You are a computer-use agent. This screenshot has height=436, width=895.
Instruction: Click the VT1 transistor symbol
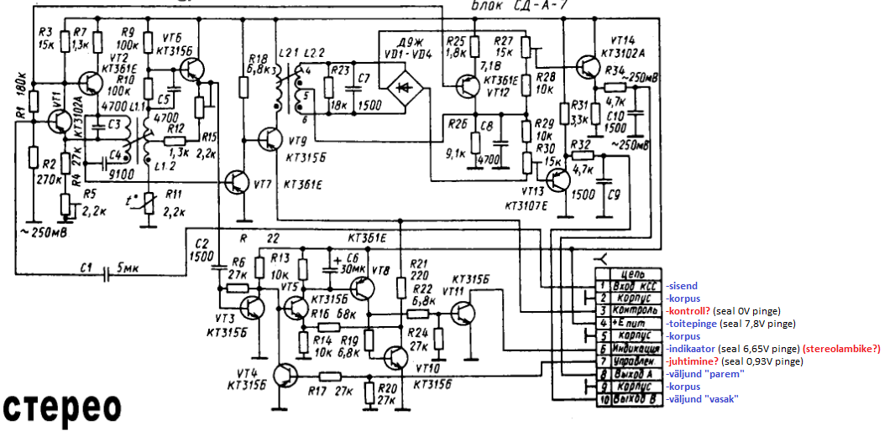[60, 122]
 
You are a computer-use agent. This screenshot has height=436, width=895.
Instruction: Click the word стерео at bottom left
[64, 407]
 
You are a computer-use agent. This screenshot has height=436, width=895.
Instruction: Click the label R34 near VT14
[614, 70]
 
